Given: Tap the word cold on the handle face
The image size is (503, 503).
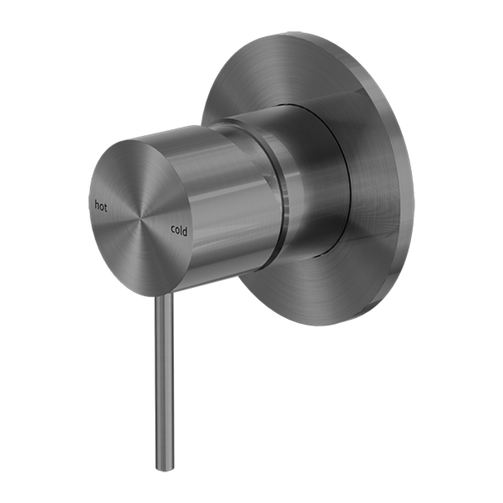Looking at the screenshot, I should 179,230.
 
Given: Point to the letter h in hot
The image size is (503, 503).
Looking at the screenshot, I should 96,205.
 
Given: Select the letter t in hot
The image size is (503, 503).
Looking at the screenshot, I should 106,208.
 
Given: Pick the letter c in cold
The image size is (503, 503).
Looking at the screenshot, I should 173,230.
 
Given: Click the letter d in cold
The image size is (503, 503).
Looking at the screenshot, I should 185,231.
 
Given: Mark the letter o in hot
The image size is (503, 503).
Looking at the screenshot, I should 101,207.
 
